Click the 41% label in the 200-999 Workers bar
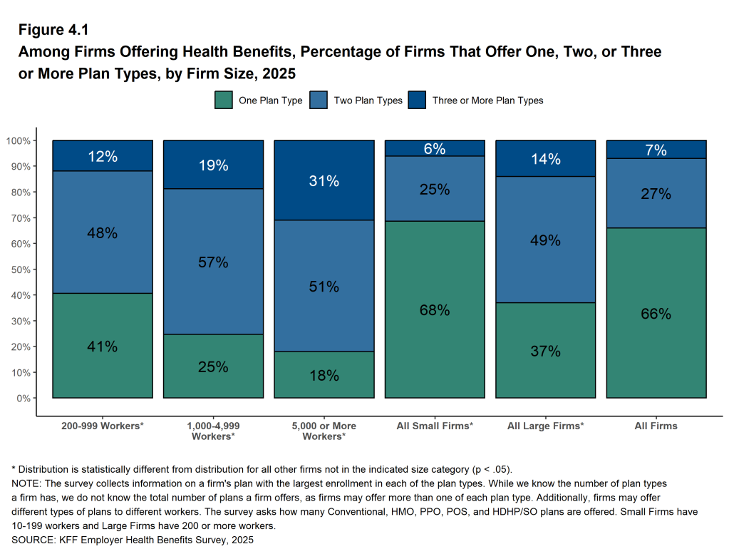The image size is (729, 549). [103, 347]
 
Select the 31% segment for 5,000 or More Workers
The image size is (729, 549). [324, 181]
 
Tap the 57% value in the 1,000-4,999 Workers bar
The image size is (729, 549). [213, 262]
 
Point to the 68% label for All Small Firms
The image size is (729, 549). [435, 310]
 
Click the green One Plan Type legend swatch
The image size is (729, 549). [224, 101]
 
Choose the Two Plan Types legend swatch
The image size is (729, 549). [319, 101]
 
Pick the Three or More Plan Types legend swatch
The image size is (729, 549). [417, 101]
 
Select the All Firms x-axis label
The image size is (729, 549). [656, 426]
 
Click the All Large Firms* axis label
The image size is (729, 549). [545, 426]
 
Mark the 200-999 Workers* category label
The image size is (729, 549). [103, 426]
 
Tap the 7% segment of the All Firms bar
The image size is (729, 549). [656, 150]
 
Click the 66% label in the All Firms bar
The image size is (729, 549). [656, 314]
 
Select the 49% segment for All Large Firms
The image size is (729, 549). [545, 240]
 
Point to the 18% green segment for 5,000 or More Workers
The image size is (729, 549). [324, 376]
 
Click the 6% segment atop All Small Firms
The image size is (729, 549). [435, 148]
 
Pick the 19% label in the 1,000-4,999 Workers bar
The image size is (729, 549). [213, 165]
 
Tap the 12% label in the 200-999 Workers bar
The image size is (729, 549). [103, 156]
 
